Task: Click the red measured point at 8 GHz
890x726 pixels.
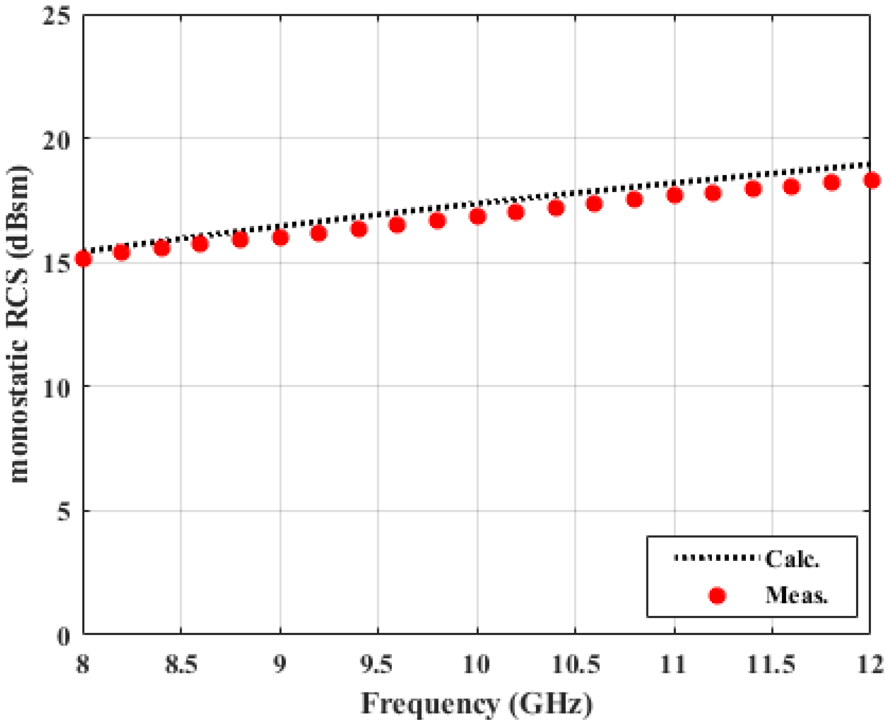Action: coord(83,258)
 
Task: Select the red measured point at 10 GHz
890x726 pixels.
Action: coord(477,216)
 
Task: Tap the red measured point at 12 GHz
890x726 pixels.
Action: coord(871,180)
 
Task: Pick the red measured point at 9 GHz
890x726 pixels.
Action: coord(281,237)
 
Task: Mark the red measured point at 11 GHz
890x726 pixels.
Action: coord(674,195)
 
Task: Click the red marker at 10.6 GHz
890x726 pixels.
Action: coord(594,204)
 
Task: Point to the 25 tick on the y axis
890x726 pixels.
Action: coord(56,15)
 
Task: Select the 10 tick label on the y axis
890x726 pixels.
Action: coord(56,387)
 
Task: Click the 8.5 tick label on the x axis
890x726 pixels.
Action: coord(181,665)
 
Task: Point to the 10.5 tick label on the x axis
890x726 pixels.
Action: coord(575,665)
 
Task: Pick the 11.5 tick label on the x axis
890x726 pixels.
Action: coord(771,665)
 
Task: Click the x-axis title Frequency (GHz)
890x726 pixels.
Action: coord(477,703)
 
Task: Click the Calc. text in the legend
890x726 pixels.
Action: coord(792,559)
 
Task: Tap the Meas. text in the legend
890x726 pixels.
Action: coord(796,595)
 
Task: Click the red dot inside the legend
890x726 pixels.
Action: coord(717,596)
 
